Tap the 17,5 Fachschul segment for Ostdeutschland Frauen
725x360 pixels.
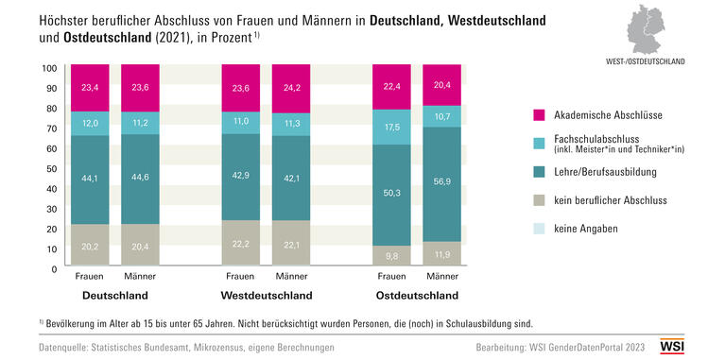391,127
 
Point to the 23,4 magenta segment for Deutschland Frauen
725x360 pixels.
89,88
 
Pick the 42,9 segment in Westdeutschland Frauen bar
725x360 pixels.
240,177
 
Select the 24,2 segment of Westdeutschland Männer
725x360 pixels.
290,89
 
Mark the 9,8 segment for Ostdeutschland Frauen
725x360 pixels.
391,255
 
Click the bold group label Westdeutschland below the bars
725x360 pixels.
265,295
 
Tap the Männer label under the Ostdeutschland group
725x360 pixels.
441,277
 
